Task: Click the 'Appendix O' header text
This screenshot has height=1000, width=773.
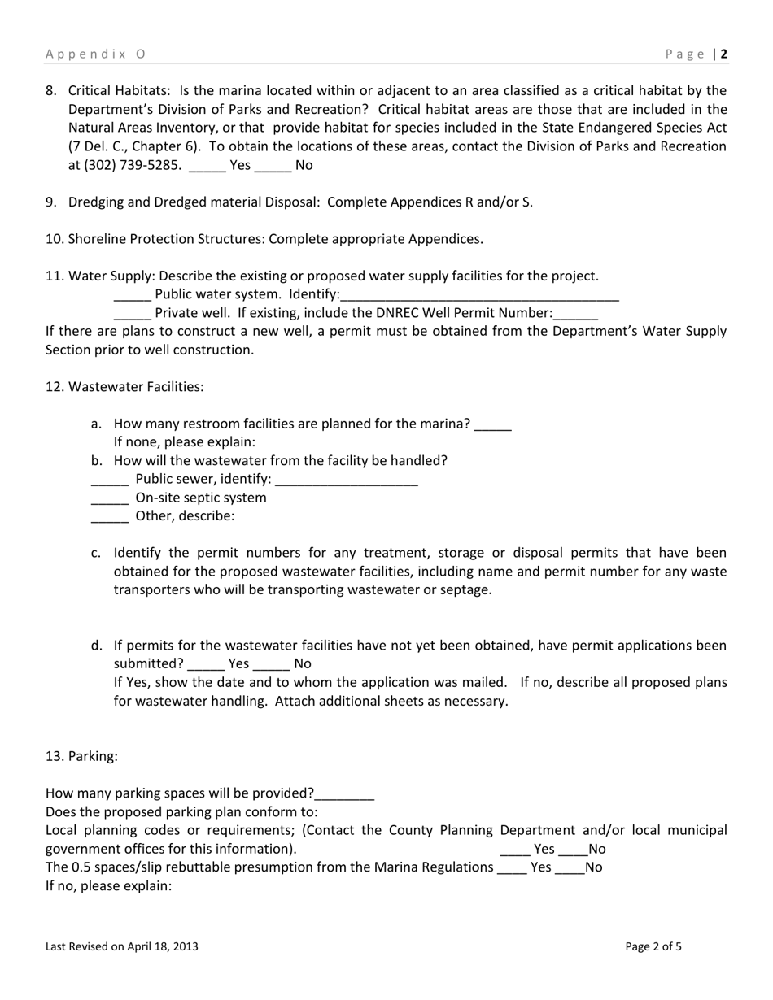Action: tap(95, 54)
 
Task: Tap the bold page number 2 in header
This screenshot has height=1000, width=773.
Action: tap(723, 54)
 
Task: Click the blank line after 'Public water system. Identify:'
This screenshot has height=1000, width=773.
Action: tap(480, 296)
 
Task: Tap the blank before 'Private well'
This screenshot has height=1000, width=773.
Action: tap(132, 315)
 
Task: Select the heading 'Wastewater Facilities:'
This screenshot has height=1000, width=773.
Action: tap(136, 386)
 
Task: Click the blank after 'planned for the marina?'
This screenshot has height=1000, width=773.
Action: tap(492, 425)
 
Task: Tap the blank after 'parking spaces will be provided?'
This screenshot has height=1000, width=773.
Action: tap(344, 795)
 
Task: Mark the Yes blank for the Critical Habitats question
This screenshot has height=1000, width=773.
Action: tap(207, 167)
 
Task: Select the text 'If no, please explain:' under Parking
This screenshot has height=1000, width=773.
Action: tap(108, 885)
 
